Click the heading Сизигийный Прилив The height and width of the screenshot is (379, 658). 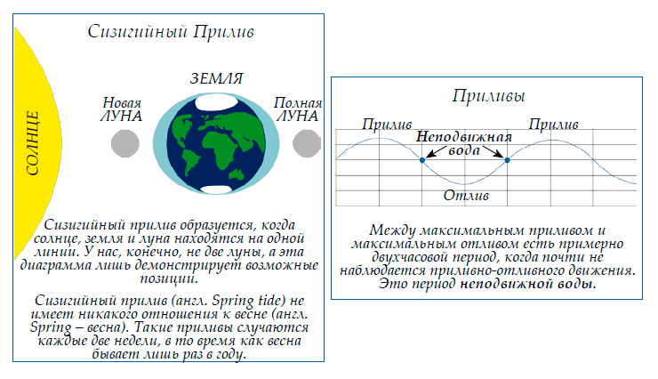172,32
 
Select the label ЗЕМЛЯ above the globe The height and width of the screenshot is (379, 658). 210,78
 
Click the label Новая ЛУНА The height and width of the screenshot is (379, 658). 122,109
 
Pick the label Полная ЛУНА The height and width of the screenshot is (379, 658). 297,109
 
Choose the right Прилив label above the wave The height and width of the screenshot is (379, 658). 553,123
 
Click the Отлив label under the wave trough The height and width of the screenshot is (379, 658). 464,195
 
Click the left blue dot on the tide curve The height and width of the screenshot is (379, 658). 421,160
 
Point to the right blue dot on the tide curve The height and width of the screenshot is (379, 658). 507,160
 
